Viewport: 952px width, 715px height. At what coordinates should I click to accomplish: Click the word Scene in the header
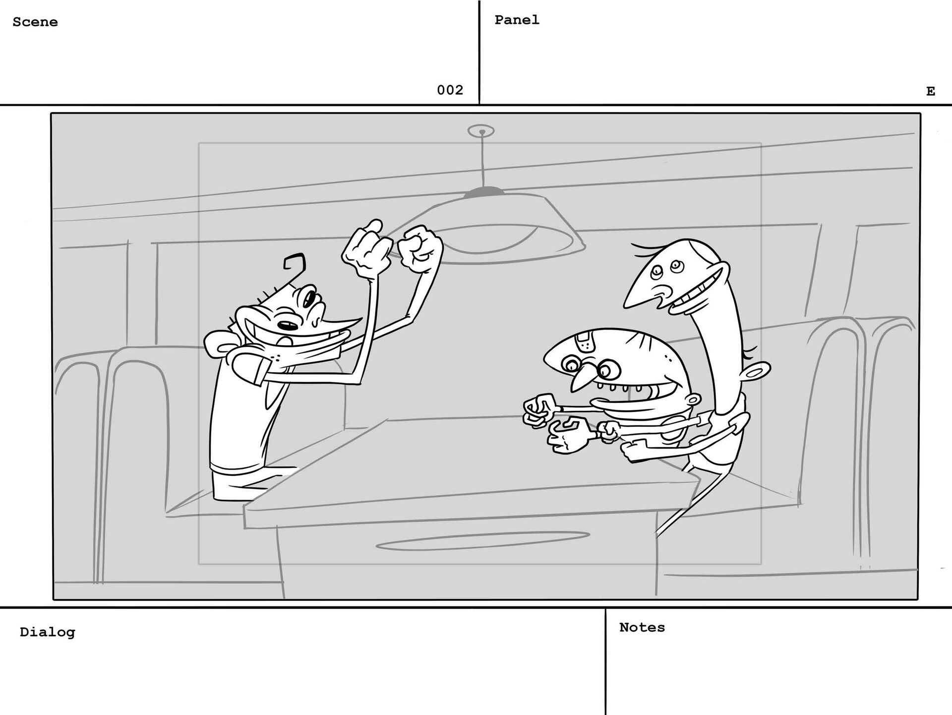coord(35,22)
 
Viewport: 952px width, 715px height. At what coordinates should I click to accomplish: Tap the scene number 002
coord(450,90)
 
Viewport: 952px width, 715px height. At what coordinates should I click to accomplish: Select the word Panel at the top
coord(517,20)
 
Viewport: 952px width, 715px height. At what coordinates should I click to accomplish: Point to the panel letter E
coord(930,91)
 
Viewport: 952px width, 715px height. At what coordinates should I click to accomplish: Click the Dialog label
coord(47,632)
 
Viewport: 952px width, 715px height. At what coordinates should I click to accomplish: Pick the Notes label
coord(642,627)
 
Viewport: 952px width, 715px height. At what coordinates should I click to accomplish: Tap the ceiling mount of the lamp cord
coord(481,131)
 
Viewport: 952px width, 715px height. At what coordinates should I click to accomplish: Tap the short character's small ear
coord(695,399)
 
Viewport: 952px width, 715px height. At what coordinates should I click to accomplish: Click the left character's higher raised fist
coord(364,246)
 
